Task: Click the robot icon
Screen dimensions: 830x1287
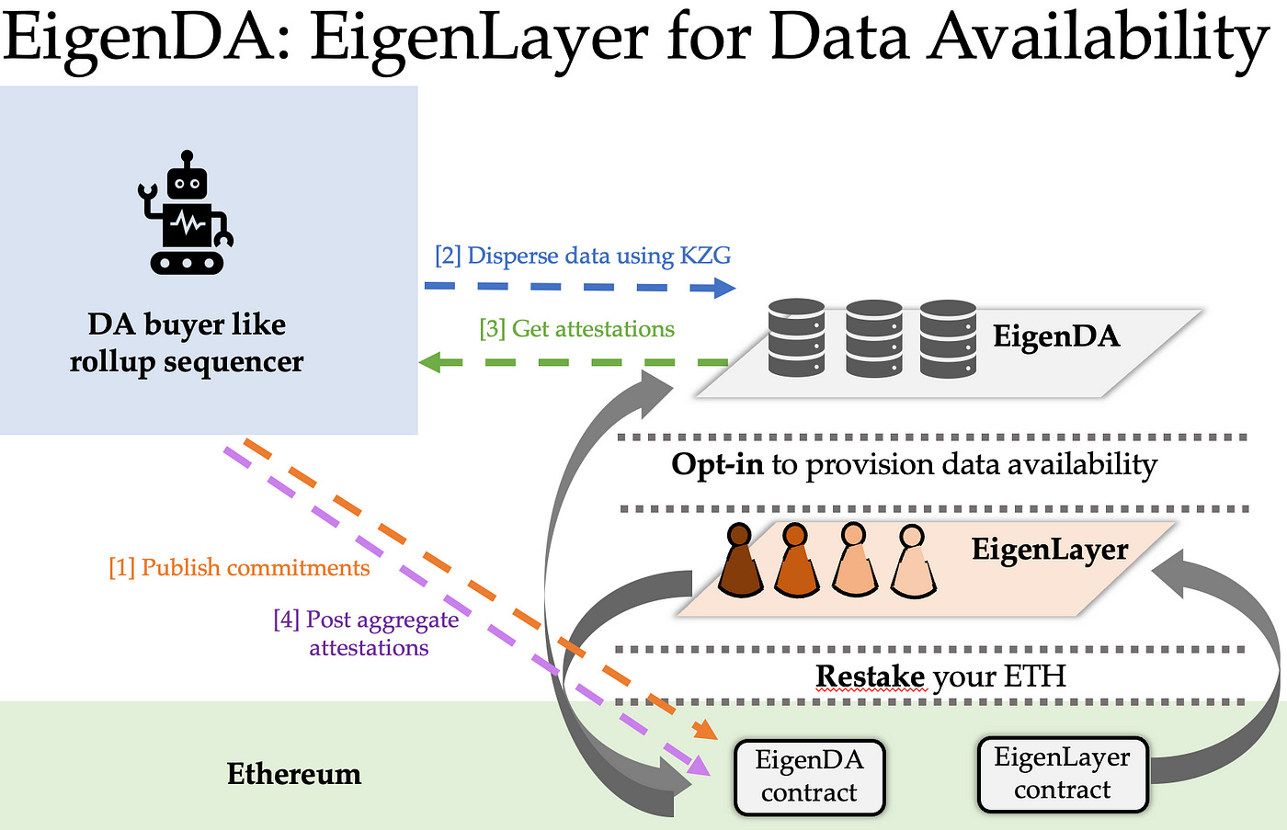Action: pos(187,214)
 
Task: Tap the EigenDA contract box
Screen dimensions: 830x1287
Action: pos(809,777)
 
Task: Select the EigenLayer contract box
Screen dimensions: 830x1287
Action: pos(1062,774)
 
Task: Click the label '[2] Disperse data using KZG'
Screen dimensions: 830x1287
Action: pos(583,256)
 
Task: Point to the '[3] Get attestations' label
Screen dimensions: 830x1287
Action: pos(576,329)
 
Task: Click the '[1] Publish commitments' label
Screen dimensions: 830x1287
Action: pos(239,568)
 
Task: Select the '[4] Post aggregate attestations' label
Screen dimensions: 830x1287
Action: pos(368,633)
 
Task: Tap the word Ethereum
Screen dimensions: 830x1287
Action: pos(294,774)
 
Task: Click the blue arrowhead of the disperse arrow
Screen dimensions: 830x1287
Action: pos(723,289)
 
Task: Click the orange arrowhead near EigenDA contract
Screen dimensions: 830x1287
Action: pos(706,730)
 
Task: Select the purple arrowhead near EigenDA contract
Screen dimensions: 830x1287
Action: pos(699,765)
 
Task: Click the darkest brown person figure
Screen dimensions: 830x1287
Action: pos(739,563)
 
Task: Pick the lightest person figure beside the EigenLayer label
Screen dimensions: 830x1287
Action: pos(911,563)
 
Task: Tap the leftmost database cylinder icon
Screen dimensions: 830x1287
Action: pos(796,338)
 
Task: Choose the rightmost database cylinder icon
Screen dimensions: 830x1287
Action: pos(948,338)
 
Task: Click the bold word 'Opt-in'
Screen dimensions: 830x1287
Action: pos(717,464)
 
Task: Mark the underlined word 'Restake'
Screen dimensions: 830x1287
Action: pos(870,677)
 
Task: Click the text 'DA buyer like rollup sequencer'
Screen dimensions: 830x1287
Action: pos(187,343)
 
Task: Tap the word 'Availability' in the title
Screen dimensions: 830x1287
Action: pos(1098,39)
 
